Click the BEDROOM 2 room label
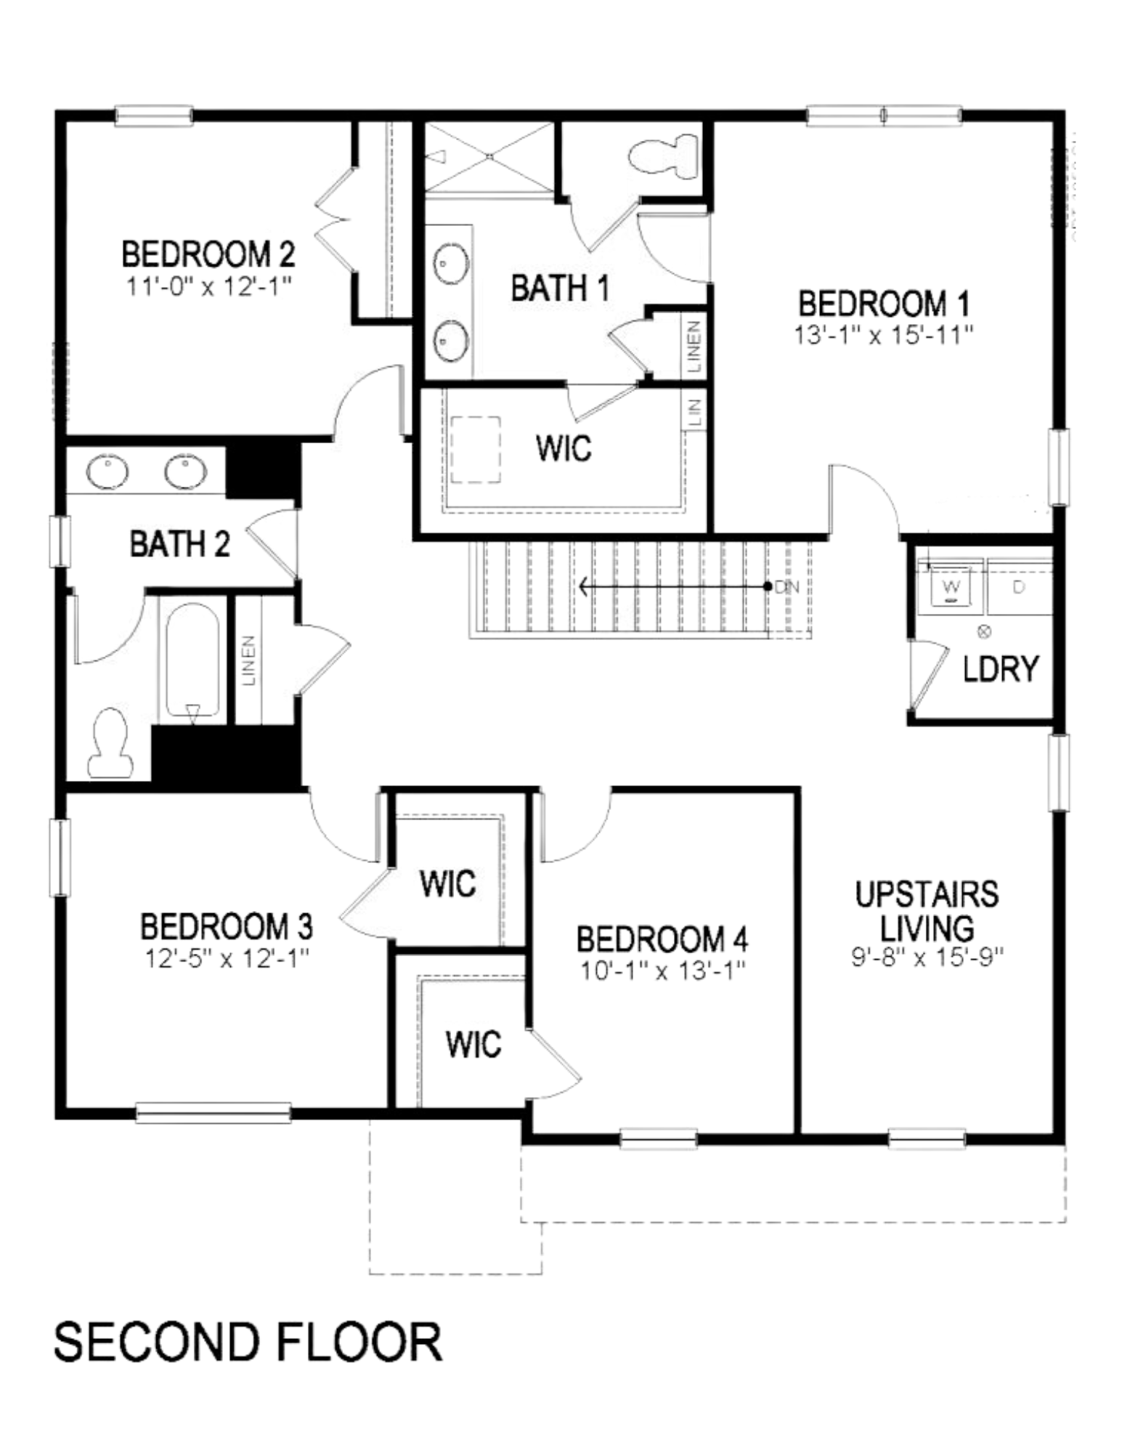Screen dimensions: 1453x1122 [x=208, y=254]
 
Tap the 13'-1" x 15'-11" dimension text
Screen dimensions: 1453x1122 [x=883, y=336]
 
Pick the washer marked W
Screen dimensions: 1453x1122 [x=951, y=586]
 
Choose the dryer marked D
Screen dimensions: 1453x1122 [x=1018, y=586]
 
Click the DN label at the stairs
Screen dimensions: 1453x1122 [x=787, y=586]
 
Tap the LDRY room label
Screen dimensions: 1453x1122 [x=1000, y=668]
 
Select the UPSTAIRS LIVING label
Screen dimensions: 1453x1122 [x=927, y=912]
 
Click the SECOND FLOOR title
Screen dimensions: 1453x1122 [x=248, y=1343]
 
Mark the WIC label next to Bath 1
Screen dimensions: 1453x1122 [x=564, y=448]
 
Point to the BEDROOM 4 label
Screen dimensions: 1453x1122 [x=662, y=939]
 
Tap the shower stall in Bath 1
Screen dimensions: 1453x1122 [x=489, y=156]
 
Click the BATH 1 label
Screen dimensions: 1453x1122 [x=560, y=288]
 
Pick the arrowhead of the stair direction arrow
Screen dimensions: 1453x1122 [x=583, y=586]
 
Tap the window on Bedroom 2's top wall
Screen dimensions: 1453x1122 [x=154, y=116]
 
